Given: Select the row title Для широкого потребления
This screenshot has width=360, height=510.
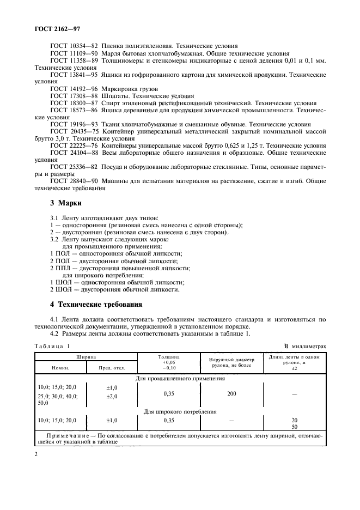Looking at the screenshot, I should point(180,412).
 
